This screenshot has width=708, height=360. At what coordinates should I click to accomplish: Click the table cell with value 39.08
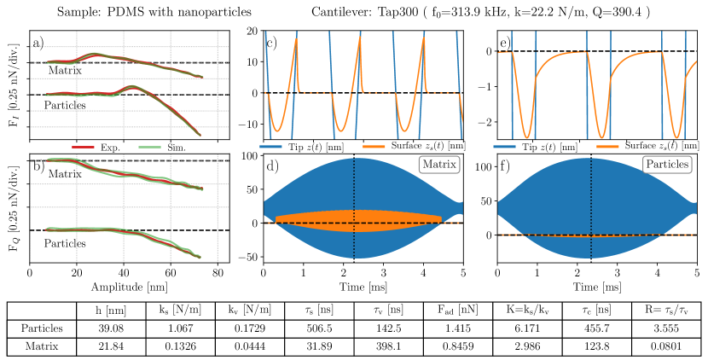pyautogui.click(x=105, y=328)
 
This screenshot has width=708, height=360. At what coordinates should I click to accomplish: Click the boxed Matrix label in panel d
pyautogui.click(x=438, y=163)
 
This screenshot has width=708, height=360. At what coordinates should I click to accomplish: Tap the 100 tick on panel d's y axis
pyautogui.click(x=249, y=157)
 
